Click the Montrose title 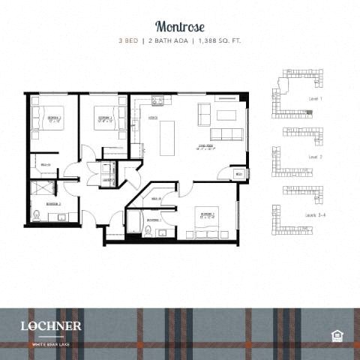pyautogui.click(x=179, y=25)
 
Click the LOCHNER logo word pyautogui.click(x=52, y=325)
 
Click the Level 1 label pyautogui.click(x=316, y=99)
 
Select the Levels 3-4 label pyautogui.click(x=314, y=214)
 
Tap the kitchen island pyautogui.click(x=167, y=137)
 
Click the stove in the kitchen pyautogui.click(x=157, y=100)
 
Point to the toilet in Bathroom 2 pyautogui.click(x=36, y=217)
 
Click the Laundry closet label pyautogui.click(x=108, y=180)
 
